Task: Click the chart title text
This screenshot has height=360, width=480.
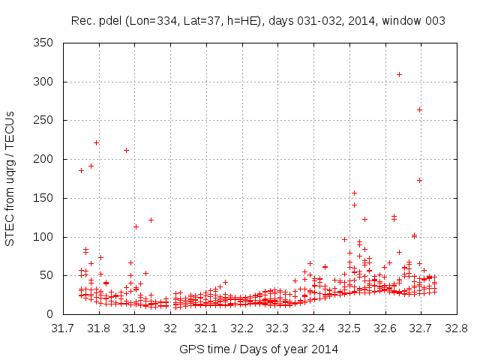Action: pos(259,21)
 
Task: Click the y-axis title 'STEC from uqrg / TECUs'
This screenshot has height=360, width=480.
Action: pos(10,178)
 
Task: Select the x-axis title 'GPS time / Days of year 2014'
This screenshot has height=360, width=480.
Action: pos(259,349)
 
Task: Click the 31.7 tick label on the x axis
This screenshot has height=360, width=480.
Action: pos(63,328)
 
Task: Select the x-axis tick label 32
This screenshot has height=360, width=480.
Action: pos(170,328)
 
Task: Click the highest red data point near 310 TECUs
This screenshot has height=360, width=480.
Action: pos(399,74)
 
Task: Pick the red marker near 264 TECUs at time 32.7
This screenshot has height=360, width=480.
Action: pos(419,109)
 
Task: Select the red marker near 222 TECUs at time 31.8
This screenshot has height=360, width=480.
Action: pos(96,142)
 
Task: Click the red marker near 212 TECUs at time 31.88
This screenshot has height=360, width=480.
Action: pos(126,150)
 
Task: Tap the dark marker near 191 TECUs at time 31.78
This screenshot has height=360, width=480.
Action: pos(91,166)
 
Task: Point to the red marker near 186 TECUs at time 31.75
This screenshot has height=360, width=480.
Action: pos(81,170)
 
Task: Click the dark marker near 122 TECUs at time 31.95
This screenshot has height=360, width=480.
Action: pos(151,220)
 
